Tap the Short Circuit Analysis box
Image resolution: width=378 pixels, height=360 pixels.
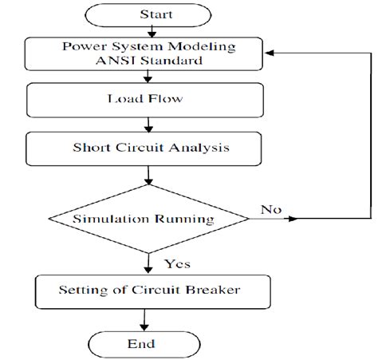(x=144, y=148)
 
